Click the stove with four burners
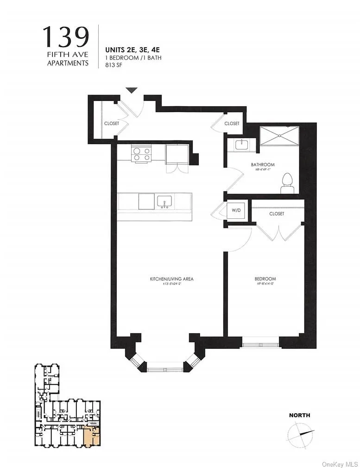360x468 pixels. (142, 153)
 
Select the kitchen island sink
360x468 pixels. (164, 202)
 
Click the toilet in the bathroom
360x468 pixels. (287, 183)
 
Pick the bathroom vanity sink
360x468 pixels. (242, 145)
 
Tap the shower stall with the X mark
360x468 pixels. (279, 135)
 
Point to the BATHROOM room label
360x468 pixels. (263, 164)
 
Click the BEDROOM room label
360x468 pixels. (265, 279)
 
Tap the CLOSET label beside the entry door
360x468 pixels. (111, 124)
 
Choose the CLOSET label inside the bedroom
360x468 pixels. (277, 214)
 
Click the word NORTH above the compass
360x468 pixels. (299, 415)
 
